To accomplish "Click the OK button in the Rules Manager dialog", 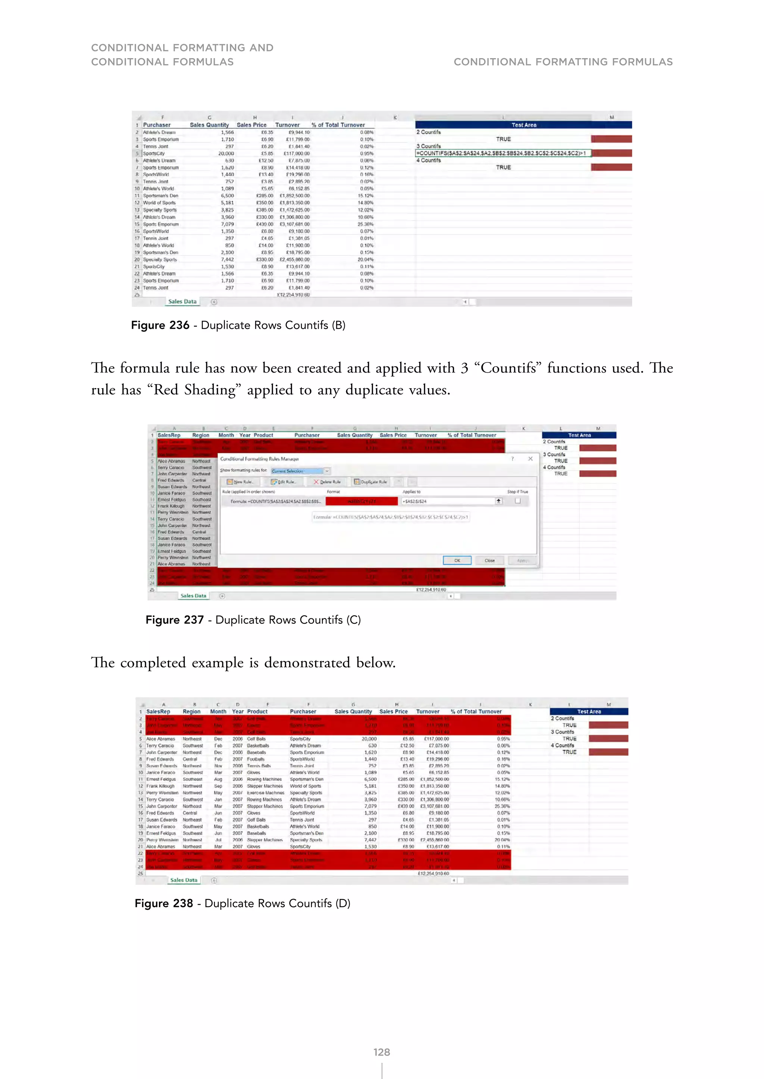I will click(457, 560).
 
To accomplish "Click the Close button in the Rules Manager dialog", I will click(489, 560).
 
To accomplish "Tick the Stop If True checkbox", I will click(517, 501).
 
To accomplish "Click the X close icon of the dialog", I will click(530, 459).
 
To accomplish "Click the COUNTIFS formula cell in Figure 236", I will click(502, 153).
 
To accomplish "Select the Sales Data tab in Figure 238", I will click(184, 880).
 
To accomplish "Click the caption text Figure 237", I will click(175, 620).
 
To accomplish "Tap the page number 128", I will click(382, 1052).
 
